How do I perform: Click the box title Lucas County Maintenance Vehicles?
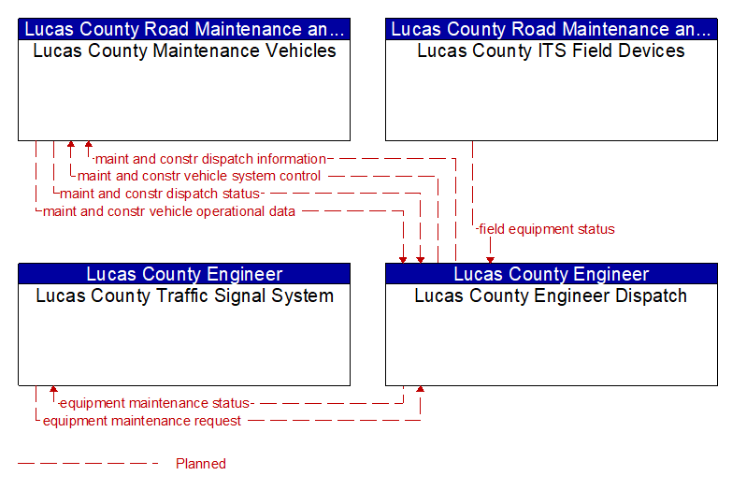pyautogui.click(x=184, y=50)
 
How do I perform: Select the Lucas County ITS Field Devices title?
pyautogui.click(x=551, y=50)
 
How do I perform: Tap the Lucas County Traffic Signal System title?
pyautogui.click(x=184, y=296)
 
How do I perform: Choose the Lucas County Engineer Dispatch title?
pyautogui.click(x=551, y=296)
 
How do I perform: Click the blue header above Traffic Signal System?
pyautogui.click(x=184, y=274)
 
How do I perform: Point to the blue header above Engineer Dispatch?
pyautogui.click(x=552, y=274)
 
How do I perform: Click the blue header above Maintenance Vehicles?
pyautogui.click(x=184, y=29)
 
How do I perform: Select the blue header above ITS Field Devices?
pyautogui.click(x=552, y=29)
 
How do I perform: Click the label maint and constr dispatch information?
pyautogui.click(x=210, y=159)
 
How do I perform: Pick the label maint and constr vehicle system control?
pyautogui.click(x=199, y=176)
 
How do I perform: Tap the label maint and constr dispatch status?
pyautogui.click(x=160, y=194)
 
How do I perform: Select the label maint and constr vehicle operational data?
pyautogui.click(x=169, y=211)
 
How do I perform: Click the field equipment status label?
pyautogui.click(x=547, y=229)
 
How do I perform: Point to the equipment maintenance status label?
pyautogui.click(x=155, y=403)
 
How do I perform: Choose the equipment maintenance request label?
pyautogui.click(x=142, y=421)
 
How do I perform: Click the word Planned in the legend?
pyautogui.click(x=201, y=464)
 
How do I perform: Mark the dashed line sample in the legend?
pyautogui.click(x=88, y=464)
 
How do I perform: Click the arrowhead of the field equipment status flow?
pyautogui.click(x=490, y=260)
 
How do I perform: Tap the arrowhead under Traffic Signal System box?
pyautogui.click(x=53, y=389)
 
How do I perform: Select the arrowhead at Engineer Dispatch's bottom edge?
pyautogui.click(x=420, y=389)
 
